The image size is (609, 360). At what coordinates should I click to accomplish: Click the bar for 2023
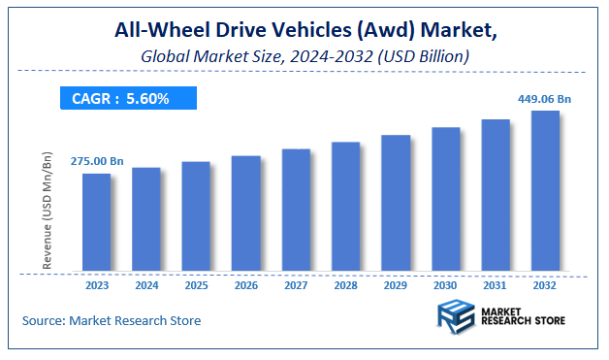[x=96, y=223]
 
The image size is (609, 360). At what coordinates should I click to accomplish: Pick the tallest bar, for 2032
[x=545, y=191]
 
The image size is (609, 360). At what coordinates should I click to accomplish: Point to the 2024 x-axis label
[x=146, y=286]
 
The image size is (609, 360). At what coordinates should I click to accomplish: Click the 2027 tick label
[x=296, y=286]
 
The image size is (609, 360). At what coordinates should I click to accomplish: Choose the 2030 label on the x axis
[x=445, y=286]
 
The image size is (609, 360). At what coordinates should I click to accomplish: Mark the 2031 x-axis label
[x=496, y=286]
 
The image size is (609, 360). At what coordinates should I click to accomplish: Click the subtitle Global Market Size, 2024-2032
[x=304, y=57]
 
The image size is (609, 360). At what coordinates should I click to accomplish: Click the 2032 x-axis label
[x=545, y=286]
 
